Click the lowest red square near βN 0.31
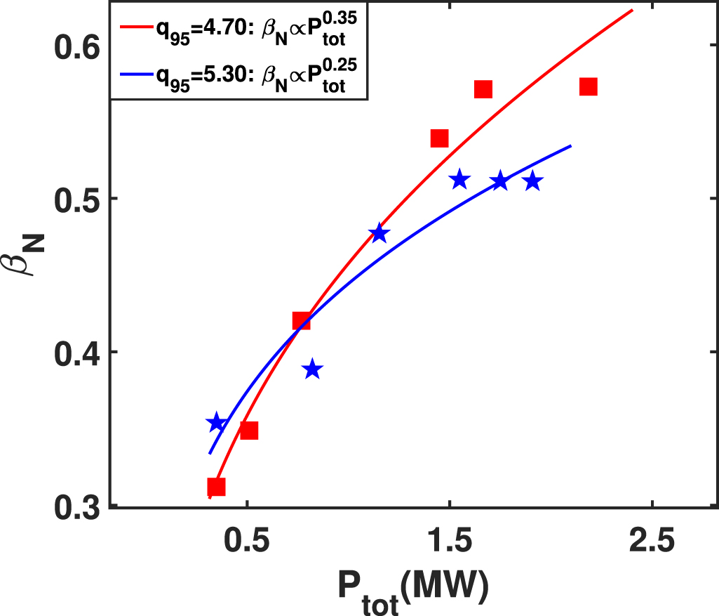click(x=216, y=487)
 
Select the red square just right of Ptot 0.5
click(x=249, y=431)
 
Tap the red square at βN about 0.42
click(x=301, y=321)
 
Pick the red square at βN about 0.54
click(x=439, y=138)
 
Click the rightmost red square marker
click(x=588, y=86)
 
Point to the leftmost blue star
click(x=216, y=423)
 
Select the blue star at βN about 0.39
click(x=313, y=369)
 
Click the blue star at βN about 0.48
click(x=379, y=233)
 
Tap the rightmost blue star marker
click(x=533, y=181)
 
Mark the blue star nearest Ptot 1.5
click(x=459, y=180)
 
